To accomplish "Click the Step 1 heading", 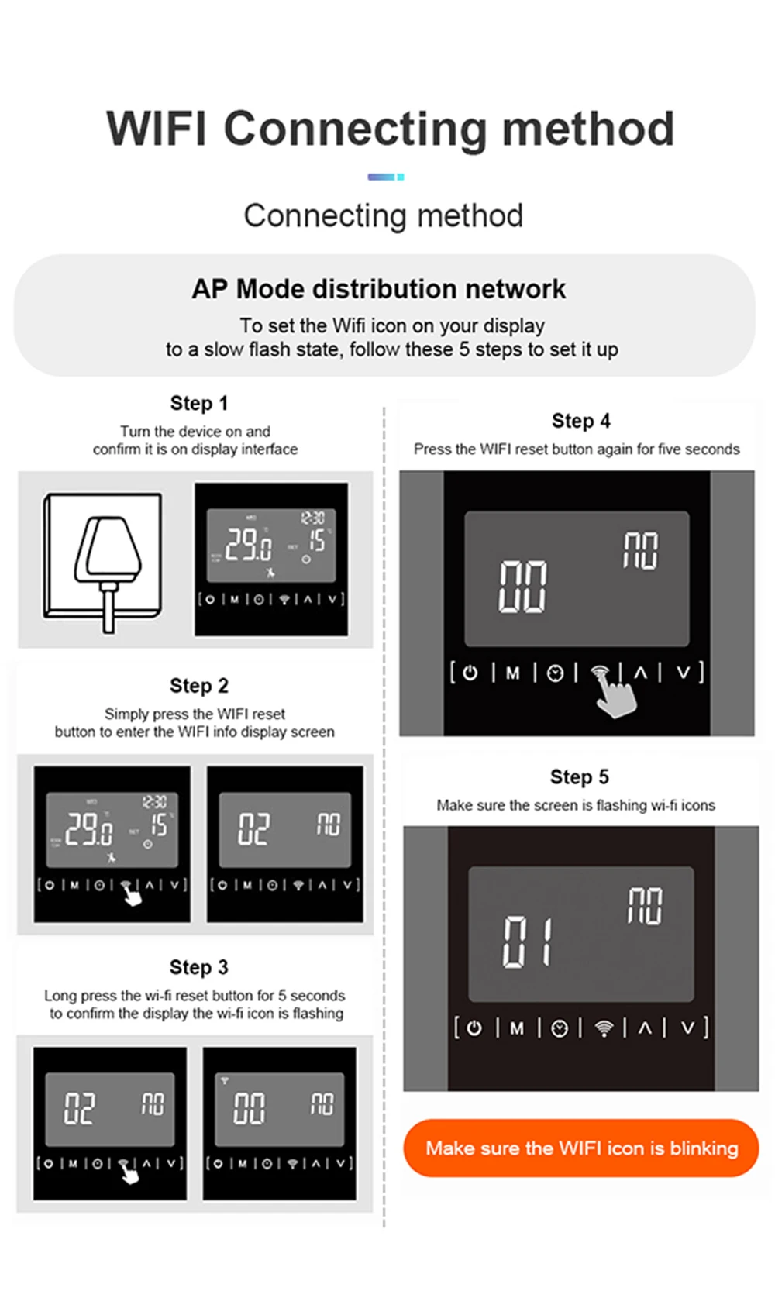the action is click(x=199, y=403).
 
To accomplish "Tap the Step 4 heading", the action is click(x=581, y=421).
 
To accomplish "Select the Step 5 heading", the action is click(x=580, y=776).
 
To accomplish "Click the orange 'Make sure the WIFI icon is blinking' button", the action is click(x=581, y=1148).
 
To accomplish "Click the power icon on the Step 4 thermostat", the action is click(x=470, y=673).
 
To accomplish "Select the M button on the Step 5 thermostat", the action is click(x=517, y=1028).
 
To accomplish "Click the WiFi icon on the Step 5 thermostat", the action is click(x=604, y=1028).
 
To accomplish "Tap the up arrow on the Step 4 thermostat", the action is click(x=640, y=673).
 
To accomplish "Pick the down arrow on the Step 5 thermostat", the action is click(x=687, y=1028).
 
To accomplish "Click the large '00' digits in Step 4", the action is click(x=522, y=587).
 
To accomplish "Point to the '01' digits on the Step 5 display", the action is click(x=528, y=942).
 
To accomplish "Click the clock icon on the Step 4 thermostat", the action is click(x=555, y=673).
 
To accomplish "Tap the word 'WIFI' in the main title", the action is click(x=157, y=128).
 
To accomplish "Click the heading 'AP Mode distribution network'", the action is click(x=379, y=289).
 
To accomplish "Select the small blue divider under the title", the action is click(x=385, y=177).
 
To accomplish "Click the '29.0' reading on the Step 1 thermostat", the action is click(x=248, y=544).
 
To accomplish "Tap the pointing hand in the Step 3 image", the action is click(x=129, y=1175).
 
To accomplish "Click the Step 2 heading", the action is click(x=199, y=686).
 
